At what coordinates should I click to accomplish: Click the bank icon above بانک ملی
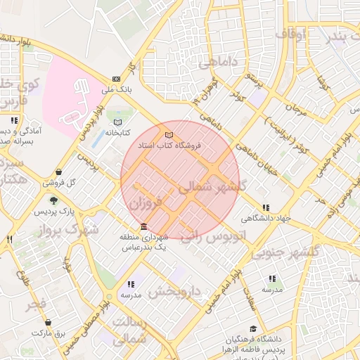coord(116,79)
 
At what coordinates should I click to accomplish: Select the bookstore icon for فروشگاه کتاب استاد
coord(168,135)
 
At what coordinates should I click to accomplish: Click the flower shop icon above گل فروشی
coord(57,172)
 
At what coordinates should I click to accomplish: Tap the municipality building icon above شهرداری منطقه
coord(144,226)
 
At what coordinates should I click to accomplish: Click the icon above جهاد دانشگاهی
coord(265,207)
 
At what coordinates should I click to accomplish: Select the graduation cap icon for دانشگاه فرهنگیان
coord(252,329)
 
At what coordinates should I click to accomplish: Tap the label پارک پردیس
coord(56,211)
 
